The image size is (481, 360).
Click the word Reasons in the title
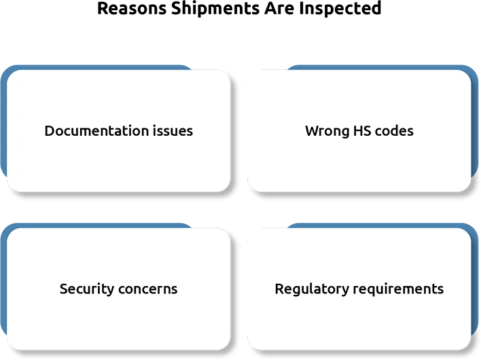point(132,8)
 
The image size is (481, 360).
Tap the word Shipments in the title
point(215,9)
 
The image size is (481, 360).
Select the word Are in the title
point(279,8)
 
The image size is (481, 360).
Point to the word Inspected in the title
point(340,9)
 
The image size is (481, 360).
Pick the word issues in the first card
point(173,130)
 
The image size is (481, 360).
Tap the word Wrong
point(327,131)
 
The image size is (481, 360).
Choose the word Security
point(87,289)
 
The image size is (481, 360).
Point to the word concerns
point(148,289)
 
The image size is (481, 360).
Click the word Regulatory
point(312,289)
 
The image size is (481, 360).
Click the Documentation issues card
point(119,131)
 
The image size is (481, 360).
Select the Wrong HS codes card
point(359,131)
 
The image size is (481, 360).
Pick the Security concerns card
point(119,289)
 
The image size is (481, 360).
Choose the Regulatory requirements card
point(359,289)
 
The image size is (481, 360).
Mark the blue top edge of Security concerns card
point(98,226)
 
